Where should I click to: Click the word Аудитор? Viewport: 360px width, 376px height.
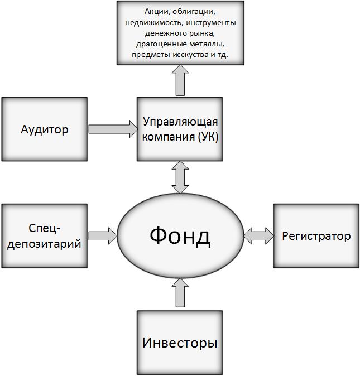(45, 130)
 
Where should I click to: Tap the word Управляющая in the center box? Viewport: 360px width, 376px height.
(180, 123)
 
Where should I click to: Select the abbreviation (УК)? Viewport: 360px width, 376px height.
(208, 137)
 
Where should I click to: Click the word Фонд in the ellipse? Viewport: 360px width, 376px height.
(180, 236)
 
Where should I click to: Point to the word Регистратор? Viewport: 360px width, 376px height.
(316, 236)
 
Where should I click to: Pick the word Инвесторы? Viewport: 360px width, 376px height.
(180, 343)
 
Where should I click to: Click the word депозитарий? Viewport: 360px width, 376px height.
(44, 244)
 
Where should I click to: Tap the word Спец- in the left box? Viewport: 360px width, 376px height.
(44, 228)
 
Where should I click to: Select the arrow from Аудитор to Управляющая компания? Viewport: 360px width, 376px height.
(113, 129)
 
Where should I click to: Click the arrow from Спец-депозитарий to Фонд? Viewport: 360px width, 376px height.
(103, 236)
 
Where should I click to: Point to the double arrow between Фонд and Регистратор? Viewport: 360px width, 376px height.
(258, 236)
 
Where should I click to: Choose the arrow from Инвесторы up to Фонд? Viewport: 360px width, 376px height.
(180, 292)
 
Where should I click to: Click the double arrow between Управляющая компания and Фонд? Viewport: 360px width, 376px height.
(180, 177)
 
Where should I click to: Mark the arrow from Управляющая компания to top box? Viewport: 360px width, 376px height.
(180, 80)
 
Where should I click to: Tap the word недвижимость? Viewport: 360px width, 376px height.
(155, 23)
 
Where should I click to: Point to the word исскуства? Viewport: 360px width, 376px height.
(190, 55)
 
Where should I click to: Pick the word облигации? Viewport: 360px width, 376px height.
(194, 12)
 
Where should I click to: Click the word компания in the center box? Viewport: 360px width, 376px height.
(169, 137)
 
